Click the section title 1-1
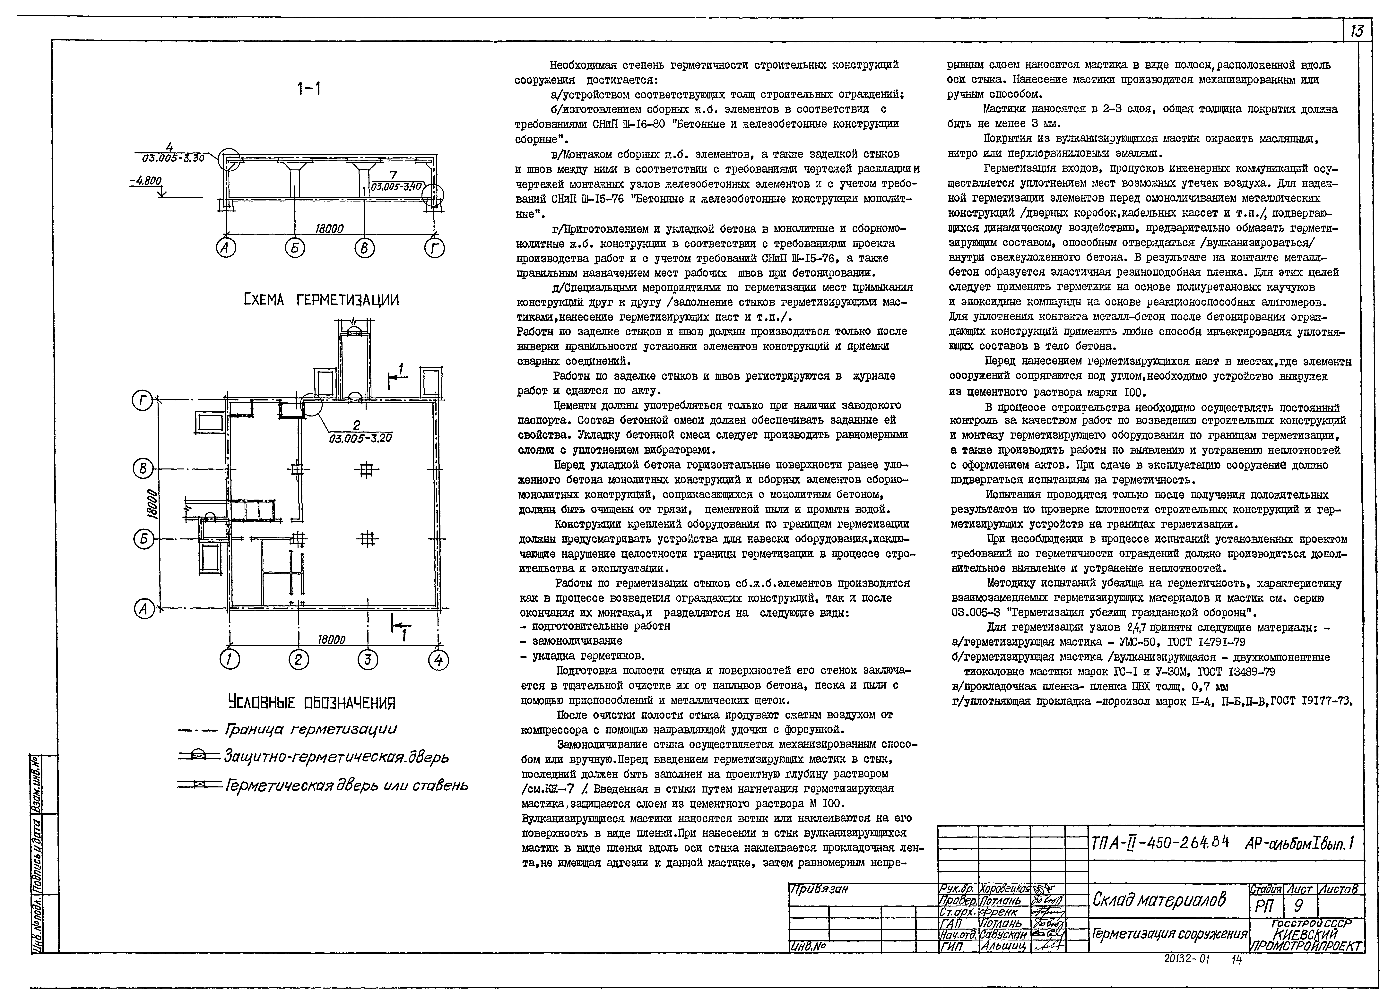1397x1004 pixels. [308, 90]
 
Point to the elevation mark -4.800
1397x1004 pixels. [145, 181]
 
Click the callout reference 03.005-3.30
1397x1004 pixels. [169, 158]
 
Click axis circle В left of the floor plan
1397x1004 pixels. [143, 469]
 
